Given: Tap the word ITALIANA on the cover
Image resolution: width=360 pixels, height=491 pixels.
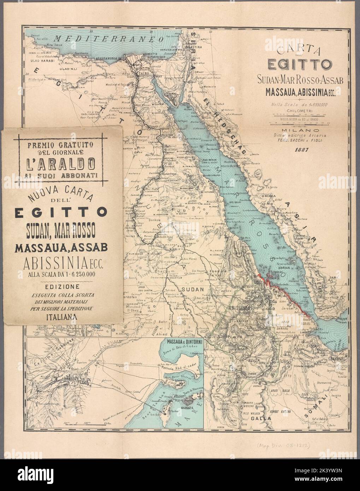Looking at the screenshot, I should click(62, 317).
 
